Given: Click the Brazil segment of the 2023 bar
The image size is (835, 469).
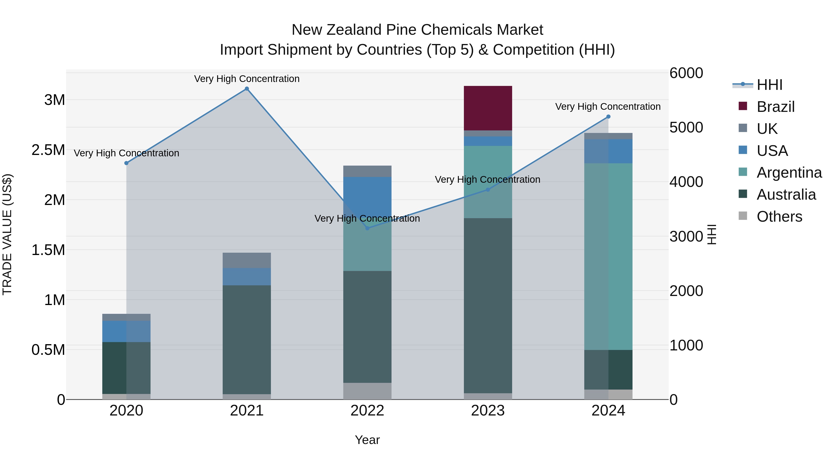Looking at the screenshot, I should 488,108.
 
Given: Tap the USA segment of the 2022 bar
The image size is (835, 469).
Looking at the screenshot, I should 367,194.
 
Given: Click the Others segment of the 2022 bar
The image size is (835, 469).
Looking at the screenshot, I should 367,391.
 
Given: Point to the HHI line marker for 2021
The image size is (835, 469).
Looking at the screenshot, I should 247,89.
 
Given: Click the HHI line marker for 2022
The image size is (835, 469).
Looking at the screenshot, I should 367,228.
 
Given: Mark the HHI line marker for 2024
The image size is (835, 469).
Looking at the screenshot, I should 608,116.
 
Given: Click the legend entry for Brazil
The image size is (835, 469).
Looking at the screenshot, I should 776,107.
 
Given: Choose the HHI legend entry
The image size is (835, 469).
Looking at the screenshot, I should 770,85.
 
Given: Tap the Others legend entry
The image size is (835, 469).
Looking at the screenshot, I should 779,217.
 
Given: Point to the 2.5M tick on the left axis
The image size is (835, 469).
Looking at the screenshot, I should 48,150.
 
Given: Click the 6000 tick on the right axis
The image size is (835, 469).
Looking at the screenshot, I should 686,73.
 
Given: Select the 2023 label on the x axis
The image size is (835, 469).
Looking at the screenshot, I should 488,411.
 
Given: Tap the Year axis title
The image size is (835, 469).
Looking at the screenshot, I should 367,440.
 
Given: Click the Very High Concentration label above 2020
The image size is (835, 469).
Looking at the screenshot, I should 126,153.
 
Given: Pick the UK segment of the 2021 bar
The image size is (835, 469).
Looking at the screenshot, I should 247,260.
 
